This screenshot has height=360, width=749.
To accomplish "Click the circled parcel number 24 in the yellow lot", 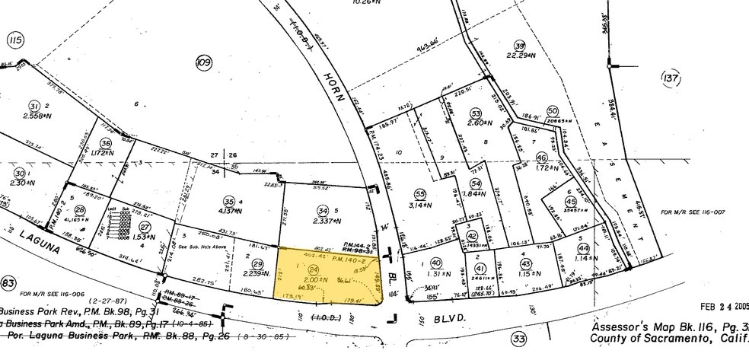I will tap(313, 269).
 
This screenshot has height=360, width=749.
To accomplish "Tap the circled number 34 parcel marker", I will tap(323, 210).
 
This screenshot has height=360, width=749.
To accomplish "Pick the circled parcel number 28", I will tap(79, 209).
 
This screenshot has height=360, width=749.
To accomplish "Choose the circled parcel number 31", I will tap(33, 106).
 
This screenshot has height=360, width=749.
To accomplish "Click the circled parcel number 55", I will tap(419, 193).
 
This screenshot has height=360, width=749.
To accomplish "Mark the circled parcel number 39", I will tap(520, 45).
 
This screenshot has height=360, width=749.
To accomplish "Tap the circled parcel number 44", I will tap(584, 249).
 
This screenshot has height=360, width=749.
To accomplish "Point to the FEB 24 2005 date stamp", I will tap(718, 307).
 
